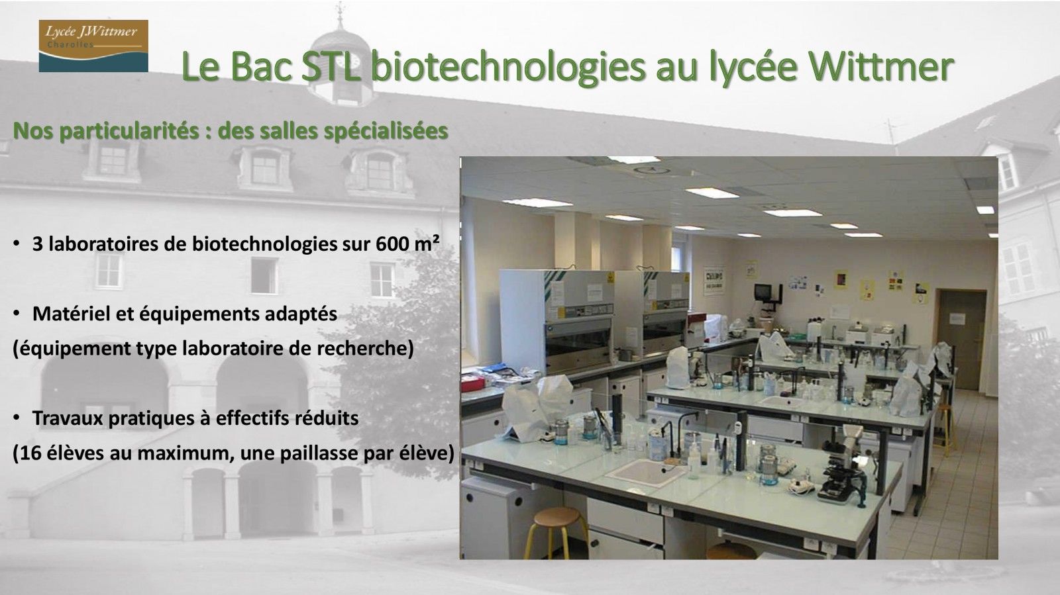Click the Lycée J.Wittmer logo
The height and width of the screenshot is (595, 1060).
[x=93, y=46]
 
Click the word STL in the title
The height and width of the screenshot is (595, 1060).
[x=332, y=67]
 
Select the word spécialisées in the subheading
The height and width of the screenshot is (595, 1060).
[x=385, y=132]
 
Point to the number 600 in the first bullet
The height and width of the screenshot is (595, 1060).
[x=392, y=244]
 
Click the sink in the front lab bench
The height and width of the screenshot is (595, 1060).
[x=645, y=473]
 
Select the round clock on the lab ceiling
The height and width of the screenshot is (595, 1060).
[x=652, y=169]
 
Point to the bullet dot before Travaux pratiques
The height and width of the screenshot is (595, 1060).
[x=17, y=418]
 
